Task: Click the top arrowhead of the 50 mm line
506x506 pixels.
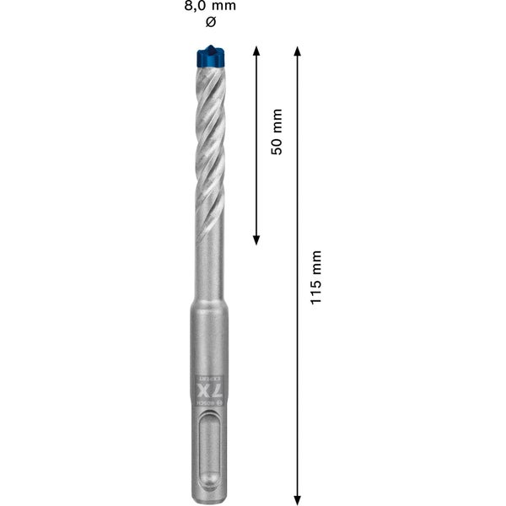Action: tap(256, 51)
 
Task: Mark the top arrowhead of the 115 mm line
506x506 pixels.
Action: tap(297, 51)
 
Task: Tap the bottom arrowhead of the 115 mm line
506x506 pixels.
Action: tap(297, 498)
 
